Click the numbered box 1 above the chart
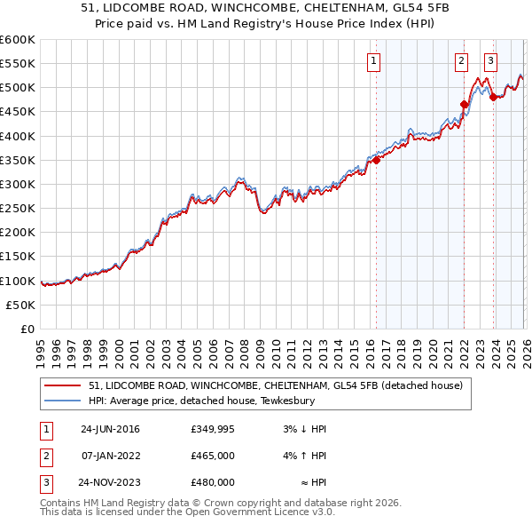[373, 61]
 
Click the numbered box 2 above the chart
[462, 61]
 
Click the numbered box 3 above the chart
[491, 61]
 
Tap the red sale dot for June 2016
[376, 160]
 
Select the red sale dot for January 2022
[464, 104]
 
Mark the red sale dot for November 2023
[493, 97]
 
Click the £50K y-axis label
[20, 305]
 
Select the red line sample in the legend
[64, 385]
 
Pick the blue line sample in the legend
[64, 401]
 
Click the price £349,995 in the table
[213, 429]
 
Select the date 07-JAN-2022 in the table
[110, 456]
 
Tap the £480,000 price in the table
[213, 482]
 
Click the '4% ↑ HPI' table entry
[305, 456]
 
